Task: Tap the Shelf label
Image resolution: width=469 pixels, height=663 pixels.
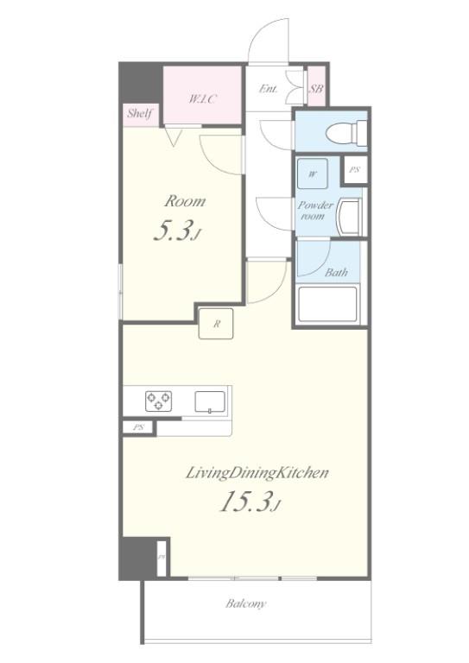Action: (139, 113)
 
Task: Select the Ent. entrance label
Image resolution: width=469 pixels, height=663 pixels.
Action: (269, 88)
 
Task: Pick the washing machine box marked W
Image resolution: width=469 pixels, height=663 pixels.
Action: (313, 174)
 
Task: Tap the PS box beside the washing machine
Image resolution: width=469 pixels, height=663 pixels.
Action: (354, 170)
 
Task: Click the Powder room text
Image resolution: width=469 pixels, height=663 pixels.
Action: (314, 211)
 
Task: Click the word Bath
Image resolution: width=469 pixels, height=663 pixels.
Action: (336, 273)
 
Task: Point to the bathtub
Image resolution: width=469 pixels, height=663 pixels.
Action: (326, 304)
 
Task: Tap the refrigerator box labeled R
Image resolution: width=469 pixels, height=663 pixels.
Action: (216, 325)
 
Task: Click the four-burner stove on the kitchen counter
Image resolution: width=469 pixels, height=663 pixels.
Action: (158, 400)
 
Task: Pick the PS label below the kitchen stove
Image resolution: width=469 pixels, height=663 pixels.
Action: (138, 427)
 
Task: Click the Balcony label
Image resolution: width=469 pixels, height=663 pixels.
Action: (246, 603)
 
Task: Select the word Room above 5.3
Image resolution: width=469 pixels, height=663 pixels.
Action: (185, 201)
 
